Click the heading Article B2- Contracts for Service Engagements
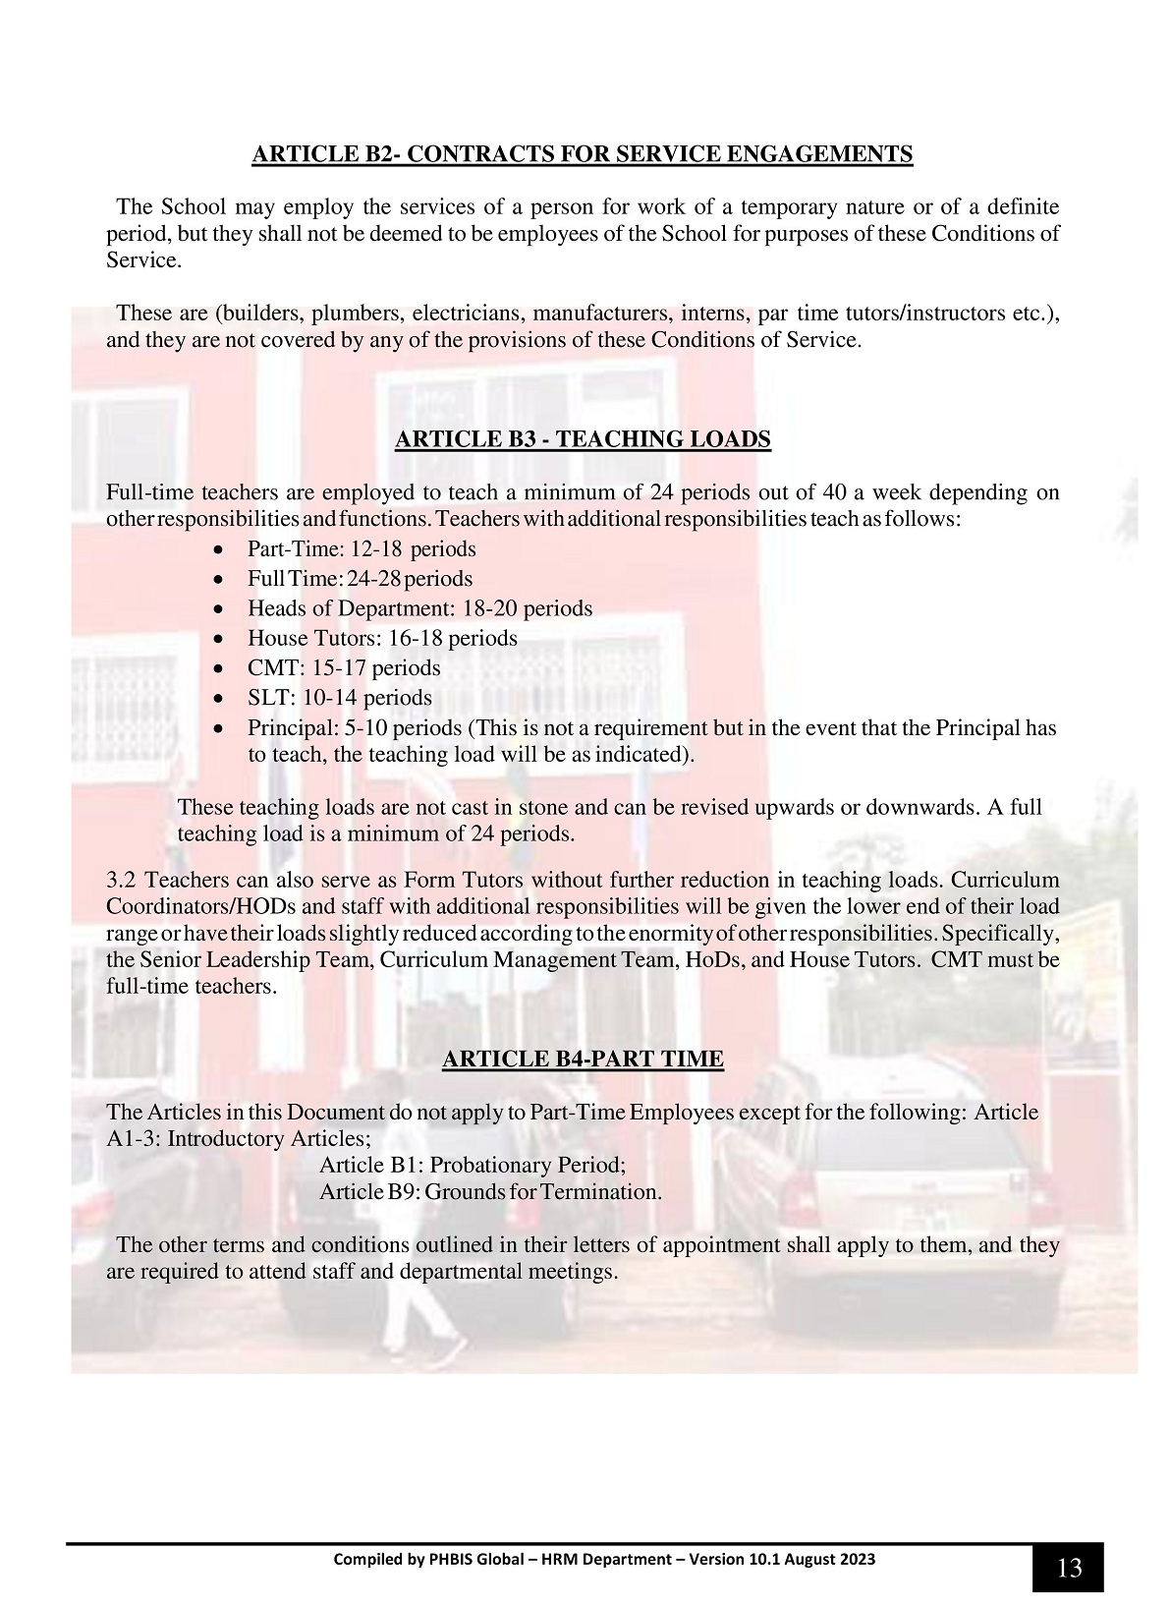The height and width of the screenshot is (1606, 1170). [x=583, y=154]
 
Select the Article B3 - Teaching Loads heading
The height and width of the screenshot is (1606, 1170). [x=583, y=439]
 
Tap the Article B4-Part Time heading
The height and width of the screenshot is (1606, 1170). [x=583, y=1059]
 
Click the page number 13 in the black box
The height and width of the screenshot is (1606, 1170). [x=1068, y=1568]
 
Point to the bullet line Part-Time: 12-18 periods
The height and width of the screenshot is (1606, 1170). [x=362, y=549]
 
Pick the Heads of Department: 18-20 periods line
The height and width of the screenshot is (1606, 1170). [x=419, y=608]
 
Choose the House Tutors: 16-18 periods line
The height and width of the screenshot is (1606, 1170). [x=382, y=638]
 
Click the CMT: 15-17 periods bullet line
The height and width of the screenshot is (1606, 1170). [x=344, y=668]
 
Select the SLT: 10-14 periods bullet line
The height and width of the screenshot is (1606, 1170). [x=340, y=698]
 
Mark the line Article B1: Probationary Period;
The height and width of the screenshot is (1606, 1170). [x=473, y=1166]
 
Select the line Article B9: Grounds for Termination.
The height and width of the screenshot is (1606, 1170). [x=490, y=1192]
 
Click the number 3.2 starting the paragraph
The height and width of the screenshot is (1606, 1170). [x=122, y=880]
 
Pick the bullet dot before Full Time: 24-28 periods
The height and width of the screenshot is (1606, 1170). [x=227, y=580]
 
